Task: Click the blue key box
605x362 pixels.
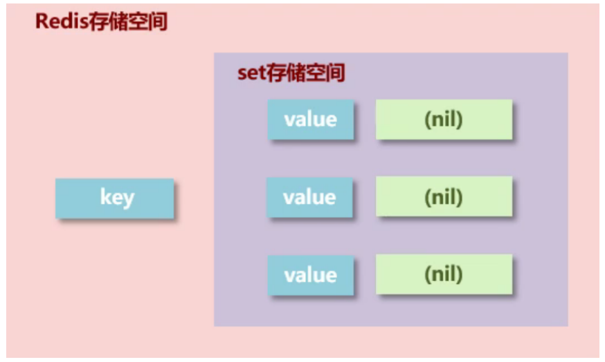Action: click(115, 198)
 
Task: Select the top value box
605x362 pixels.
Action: click(311, 120)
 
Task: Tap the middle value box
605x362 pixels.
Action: click(310, 198)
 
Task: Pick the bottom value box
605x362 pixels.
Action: click(311, 276)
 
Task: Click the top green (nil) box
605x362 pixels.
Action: click(444, 120)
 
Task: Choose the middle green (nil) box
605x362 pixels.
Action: click(444, 198)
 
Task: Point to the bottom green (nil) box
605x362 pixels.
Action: click(444, 276)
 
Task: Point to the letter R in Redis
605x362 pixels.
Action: click(42, 21)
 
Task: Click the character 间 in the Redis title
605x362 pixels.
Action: click(158, 21)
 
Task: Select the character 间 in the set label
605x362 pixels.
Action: click(336, 73)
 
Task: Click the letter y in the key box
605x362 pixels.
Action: click(127, 200)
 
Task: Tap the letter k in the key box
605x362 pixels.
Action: click(105, 198)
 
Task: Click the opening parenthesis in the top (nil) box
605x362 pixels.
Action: click(427, 120)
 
